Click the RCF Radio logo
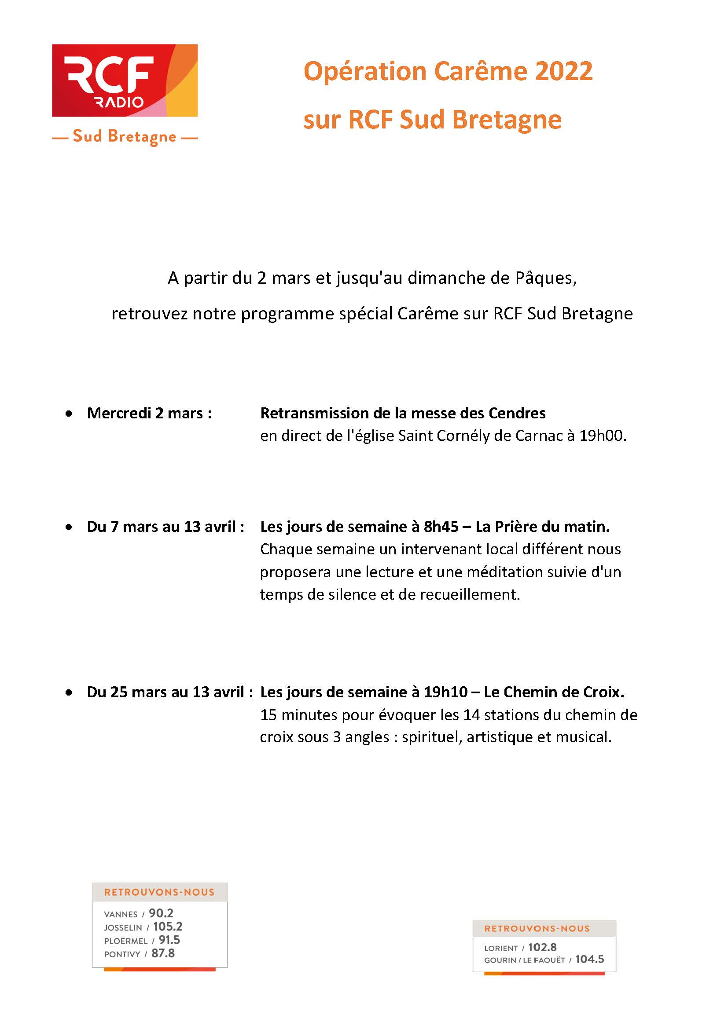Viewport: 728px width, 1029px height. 125,81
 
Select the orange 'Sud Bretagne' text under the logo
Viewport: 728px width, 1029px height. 125,136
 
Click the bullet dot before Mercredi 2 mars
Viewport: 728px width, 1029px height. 69,414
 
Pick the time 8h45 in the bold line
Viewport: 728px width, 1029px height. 441,527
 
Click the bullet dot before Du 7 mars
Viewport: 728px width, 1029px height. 69,527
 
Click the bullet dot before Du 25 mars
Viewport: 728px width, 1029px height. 69,693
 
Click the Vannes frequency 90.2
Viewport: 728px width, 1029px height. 161,913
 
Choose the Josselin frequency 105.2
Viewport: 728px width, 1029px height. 168,927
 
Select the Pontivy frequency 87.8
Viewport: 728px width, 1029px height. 163,954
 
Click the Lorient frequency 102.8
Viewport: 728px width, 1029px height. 542,948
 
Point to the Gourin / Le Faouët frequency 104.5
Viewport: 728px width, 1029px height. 589,959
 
